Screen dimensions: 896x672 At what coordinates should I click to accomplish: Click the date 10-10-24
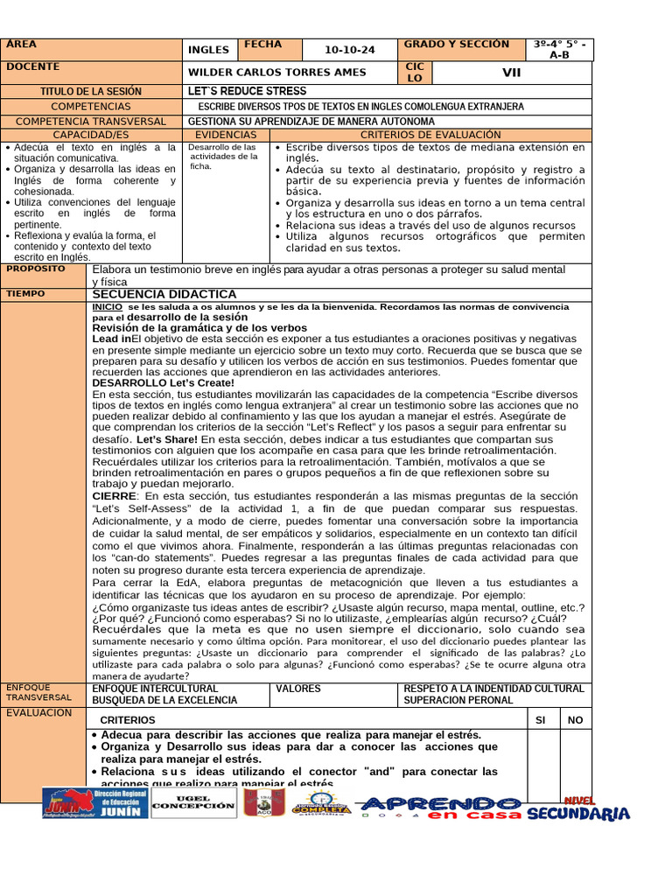tap(349, 51)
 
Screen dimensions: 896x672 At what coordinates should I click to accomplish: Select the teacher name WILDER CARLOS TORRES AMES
tap(277, 73)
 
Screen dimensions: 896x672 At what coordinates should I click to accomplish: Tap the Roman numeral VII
tap(511, 73)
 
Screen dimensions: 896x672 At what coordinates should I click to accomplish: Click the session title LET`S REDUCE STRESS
tap(248, 91)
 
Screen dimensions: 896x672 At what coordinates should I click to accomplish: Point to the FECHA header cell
tap(263, 45)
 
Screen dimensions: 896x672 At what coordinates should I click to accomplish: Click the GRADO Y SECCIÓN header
tap(456, 45)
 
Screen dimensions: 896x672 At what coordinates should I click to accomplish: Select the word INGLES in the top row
tap(208, 51)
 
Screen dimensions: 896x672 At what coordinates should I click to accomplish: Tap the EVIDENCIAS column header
tap(226, 135)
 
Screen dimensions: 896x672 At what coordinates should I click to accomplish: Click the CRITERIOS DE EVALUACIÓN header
tap(430, 135)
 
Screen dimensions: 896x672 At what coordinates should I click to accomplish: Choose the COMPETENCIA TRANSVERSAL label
tap(91, 121)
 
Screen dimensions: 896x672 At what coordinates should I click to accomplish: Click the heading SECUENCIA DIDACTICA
tap(164, 294)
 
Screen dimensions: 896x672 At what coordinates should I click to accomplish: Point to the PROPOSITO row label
tap(36, 269)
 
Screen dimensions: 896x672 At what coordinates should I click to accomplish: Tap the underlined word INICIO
tap(108, 307)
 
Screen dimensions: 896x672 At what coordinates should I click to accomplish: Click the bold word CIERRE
tap(115, 495)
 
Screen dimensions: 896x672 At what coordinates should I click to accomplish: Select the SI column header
tap(540, 719)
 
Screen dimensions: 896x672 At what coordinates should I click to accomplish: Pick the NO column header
tap(575, 719)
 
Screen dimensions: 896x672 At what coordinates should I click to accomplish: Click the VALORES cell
tap(298, 689)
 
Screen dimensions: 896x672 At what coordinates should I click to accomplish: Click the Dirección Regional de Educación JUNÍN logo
tap(94, 804)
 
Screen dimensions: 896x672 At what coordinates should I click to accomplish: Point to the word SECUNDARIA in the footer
tap(577, 814)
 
